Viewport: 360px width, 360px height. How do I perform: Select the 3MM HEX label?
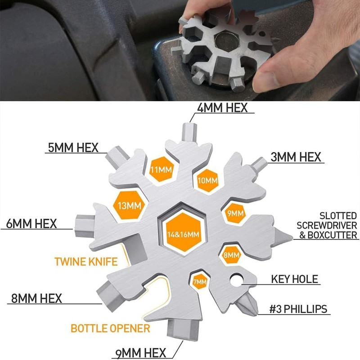pos(296,157)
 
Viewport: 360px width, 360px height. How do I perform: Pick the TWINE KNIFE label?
pos(86,261)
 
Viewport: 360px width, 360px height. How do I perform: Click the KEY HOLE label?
pos(294,279)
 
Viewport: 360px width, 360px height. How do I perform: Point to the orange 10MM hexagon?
pos(207,180)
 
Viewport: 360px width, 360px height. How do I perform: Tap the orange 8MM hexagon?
pos(231,255)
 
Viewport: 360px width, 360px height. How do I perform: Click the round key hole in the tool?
pos(235,281)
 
